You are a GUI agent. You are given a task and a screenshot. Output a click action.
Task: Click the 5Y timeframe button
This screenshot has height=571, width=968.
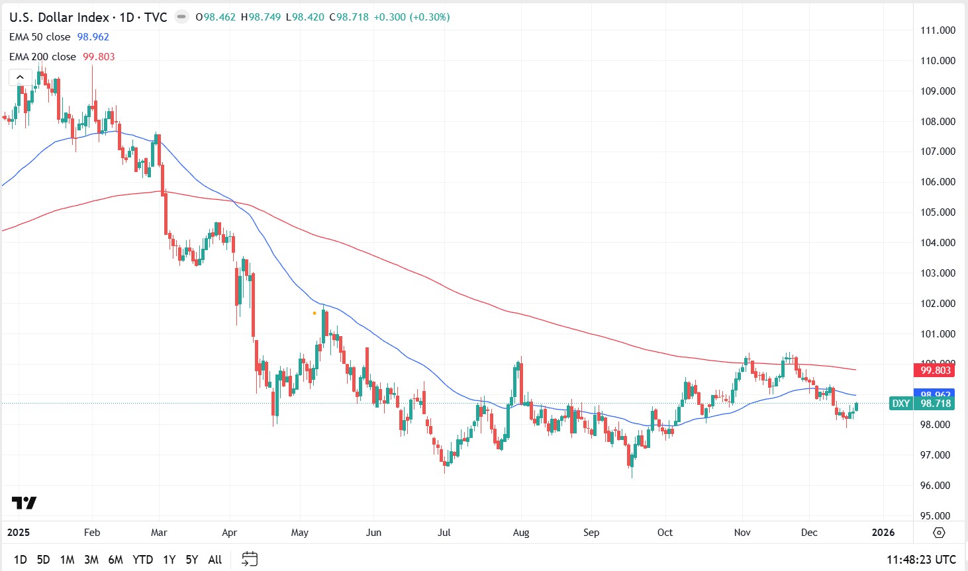[191, 560]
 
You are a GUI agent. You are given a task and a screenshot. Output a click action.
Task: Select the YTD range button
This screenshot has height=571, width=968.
[142, 560]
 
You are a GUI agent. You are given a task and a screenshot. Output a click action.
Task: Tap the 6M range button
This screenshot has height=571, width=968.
[115, 560]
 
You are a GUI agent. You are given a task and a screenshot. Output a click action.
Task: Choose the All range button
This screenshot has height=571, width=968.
[215, 560]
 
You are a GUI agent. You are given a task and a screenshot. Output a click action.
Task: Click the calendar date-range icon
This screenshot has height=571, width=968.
[249, 560]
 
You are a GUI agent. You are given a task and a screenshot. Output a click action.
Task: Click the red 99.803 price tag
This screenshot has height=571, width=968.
[935, 371]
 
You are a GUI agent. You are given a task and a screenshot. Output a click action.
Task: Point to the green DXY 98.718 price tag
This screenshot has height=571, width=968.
[921, 404]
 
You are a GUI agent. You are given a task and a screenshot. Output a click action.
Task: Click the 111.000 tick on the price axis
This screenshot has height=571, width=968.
[938, 30]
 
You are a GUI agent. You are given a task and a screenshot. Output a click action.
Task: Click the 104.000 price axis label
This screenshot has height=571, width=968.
[938, 243]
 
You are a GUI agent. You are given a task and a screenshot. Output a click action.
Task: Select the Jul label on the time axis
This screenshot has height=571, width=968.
[444, 533]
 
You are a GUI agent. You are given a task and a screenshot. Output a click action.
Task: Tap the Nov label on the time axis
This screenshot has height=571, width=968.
[742, 533]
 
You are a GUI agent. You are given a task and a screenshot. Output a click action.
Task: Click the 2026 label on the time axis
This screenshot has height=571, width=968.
[883, 533]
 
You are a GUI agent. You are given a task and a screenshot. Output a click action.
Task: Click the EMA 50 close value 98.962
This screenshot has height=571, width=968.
[93, 37]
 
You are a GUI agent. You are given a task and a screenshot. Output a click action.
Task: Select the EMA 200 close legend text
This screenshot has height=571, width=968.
[42, 57]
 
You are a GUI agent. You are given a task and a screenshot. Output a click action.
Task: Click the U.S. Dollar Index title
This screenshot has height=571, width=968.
[59, 17]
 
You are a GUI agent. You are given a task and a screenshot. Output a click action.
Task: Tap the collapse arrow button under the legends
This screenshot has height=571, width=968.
[20, 77]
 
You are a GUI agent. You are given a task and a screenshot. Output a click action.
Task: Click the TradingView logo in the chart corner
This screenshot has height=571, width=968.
[24, 504]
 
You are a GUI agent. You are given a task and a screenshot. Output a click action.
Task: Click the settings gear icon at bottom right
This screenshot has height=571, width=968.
[939, 533]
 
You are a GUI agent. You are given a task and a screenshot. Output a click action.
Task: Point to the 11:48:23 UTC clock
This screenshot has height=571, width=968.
[921, 560]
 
